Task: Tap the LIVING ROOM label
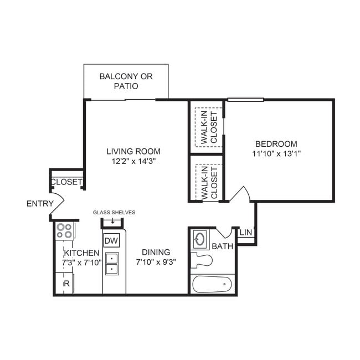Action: pyautogui.click(x=133, y=151)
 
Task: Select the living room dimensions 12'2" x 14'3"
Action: pyautogui.click(x=133, y=162)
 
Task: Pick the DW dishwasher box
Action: pyautogui.click(x=111, y=241)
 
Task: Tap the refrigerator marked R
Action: pyautogui.click(x=66, y=284)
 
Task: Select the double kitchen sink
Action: pyautogui.click(x=111, y=264)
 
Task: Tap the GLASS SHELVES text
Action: pyautogui.click(x=114, y=212)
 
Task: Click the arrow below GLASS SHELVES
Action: pyautogui.click(x=113, y=221)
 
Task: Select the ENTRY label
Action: pyautogui.click(x=40, y=204)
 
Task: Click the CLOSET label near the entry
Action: pyautogui.click(x=66, y=182)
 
